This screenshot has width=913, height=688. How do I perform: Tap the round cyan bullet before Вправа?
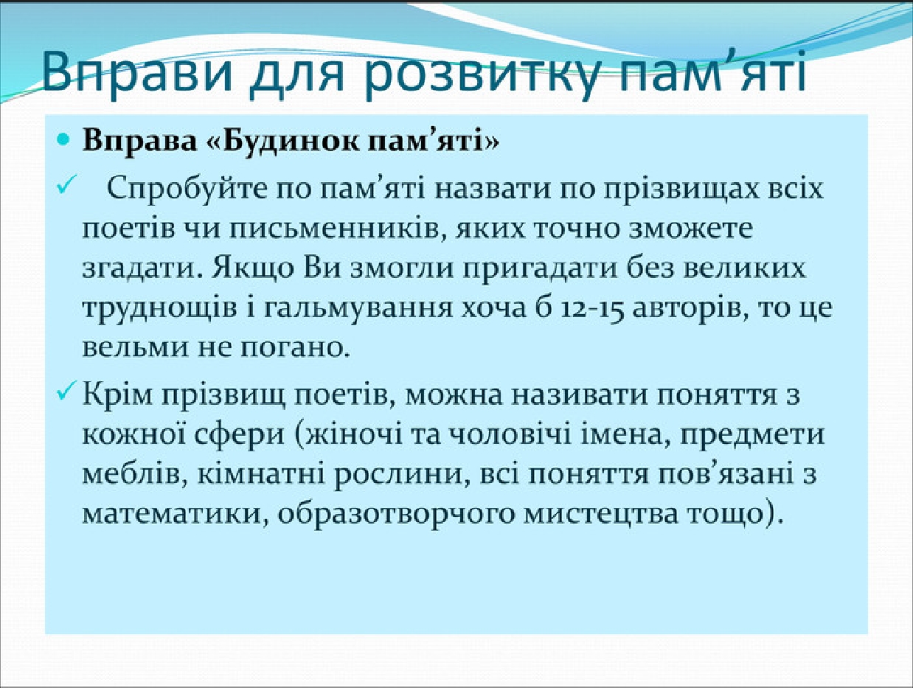[x=63, y=139]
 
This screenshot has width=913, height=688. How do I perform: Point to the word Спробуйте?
[x=186, y=190]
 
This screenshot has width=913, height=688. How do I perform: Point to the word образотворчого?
[x=394, y=516]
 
